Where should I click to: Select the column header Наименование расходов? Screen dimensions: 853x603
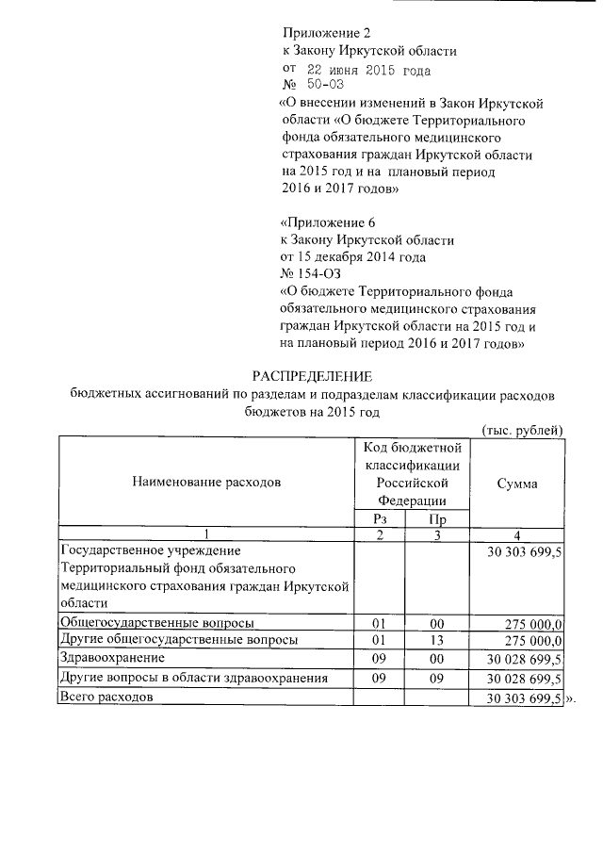pos(206,483)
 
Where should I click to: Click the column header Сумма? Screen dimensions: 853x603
pos(516,483)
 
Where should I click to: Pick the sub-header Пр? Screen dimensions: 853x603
pos(437,517)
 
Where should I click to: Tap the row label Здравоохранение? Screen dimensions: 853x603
pos(111,656)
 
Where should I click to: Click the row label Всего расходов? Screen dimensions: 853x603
pos(105,697)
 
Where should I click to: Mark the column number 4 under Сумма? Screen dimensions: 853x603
pos(516,534)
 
